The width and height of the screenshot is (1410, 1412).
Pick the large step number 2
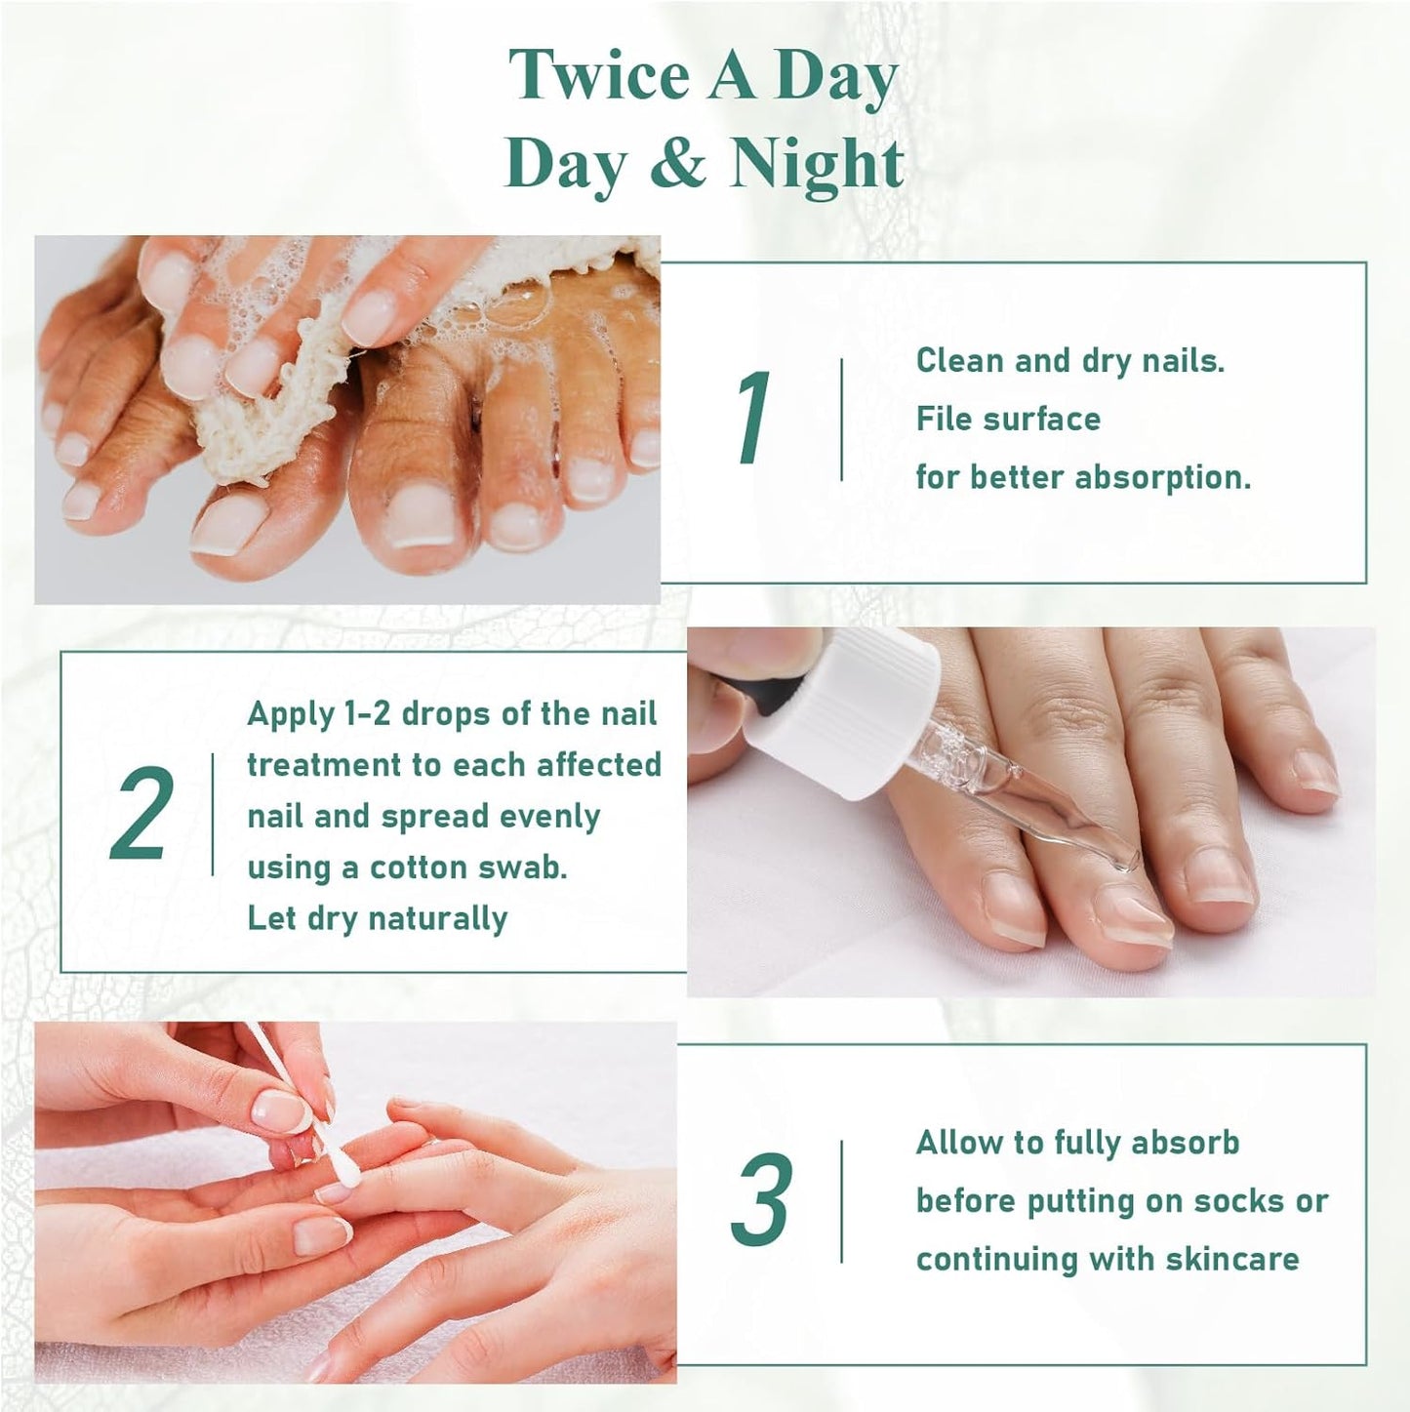pos(142,814)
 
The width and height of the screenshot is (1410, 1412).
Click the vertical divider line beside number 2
pos(212,814)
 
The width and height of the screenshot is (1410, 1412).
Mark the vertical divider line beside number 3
pos(841,1200)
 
